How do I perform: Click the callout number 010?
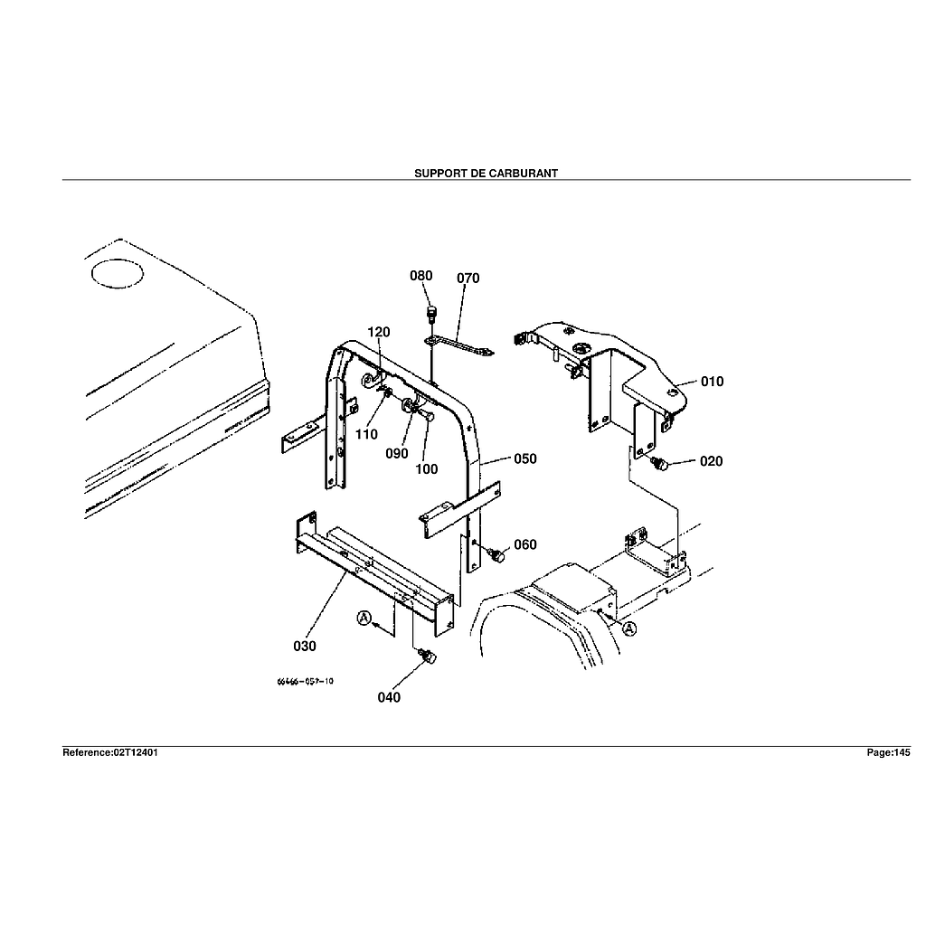(712, 382)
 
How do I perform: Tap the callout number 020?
(711, 461)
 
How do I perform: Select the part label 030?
(305, 647)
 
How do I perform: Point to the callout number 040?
(389, 697)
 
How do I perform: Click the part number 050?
(524, 458)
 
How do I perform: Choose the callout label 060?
(524, 544)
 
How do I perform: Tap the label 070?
(468, 278)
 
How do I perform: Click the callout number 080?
(421, 276)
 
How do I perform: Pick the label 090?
(397, 454)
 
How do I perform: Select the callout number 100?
(426, 469)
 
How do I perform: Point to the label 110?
(366, 435)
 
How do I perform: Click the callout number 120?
(379, 332)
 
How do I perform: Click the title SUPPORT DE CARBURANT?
(486, 173)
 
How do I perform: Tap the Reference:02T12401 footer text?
(110, 752)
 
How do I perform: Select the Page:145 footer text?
(888, 752)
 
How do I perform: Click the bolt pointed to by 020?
(659, 465)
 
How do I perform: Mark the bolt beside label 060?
(496, 554)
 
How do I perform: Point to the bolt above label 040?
(429, 657)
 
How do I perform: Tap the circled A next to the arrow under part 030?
(364, 619)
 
